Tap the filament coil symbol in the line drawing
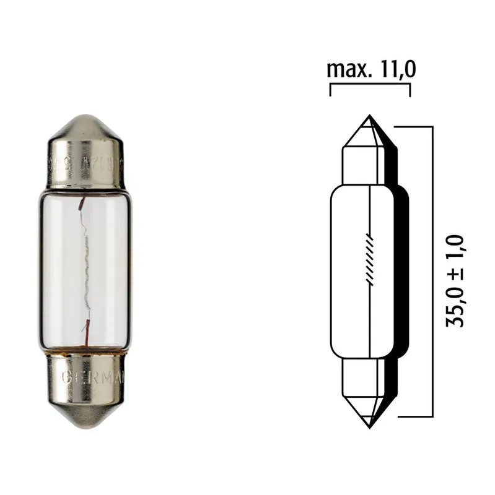tap(370, 260)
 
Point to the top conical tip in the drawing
tap(369, 130)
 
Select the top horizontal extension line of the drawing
tap(412, 126)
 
